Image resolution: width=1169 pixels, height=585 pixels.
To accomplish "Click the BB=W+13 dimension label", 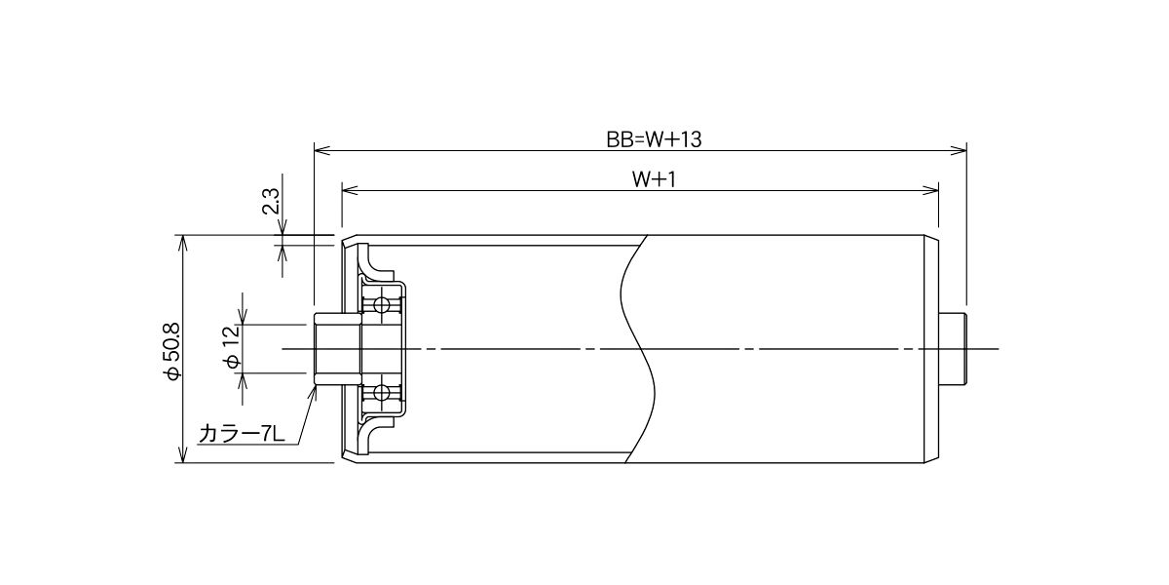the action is tap(654, 139).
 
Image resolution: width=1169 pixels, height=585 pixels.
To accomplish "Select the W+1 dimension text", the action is tap(654, 179).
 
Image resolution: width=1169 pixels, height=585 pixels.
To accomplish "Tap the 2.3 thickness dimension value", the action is tap(272, 201).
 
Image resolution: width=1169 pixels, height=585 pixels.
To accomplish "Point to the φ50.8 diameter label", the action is tap(171, 350).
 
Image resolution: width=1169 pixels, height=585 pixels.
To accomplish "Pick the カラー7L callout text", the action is tap(242, 434).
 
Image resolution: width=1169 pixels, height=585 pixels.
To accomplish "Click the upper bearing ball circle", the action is tap(382, 305).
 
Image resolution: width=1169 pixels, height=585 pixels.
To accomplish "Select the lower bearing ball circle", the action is tap(382, 392).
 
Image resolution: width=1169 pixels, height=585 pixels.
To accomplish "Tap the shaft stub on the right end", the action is tap(953, 349).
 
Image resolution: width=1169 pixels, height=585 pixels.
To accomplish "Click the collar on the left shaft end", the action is tap(338, 349).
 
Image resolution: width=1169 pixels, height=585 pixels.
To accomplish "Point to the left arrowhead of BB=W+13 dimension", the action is tap(321, 151).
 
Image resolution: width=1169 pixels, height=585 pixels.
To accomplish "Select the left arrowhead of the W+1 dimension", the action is tap(349, 191).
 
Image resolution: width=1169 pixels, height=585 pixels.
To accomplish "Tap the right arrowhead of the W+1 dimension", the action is tap(930, 191).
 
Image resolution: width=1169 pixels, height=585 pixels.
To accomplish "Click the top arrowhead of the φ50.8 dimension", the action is tap(182, 244).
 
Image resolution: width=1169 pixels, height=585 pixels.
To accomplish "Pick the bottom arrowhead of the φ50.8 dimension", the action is tap(182, 454).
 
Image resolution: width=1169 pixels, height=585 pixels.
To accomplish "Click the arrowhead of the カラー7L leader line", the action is tap(314, 393).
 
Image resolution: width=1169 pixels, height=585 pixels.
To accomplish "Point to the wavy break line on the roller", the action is tap(638, 349).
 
